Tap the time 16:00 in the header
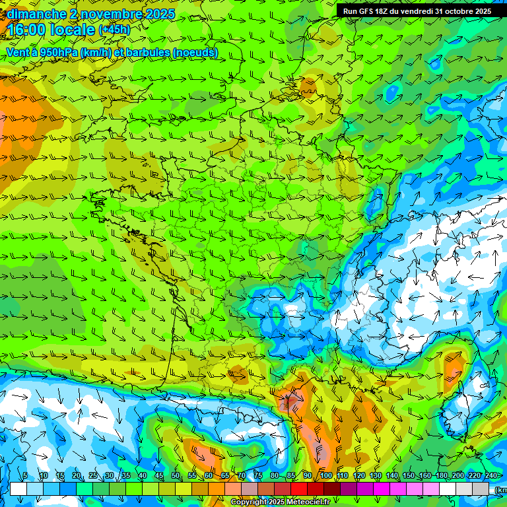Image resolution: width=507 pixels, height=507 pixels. coord(28,30)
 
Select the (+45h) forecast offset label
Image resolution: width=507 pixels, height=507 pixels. coord(114,30)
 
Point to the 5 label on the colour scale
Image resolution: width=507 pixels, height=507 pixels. coord(25,475)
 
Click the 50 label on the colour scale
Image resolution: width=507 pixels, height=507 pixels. coord(175,475)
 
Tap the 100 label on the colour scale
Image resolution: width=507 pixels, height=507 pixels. coord(325,475)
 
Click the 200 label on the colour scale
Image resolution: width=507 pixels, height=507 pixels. coord(458,475)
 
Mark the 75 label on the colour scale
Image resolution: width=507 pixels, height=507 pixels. coord(259,475)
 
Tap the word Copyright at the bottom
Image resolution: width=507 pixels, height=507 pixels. coord(249,502)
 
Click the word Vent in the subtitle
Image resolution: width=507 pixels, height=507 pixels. coord(18,53)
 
